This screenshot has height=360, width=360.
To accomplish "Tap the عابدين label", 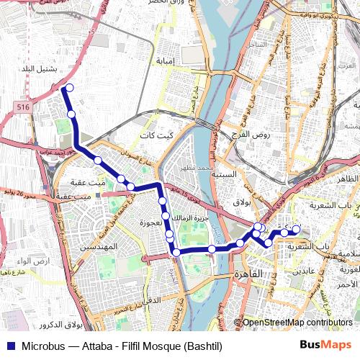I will [x=302, y=271].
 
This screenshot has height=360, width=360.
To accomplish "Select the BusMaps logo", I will [x=325, y=346].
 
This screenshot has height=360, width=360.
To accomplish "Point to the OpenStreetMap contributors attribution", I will [x=296, y=323].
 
